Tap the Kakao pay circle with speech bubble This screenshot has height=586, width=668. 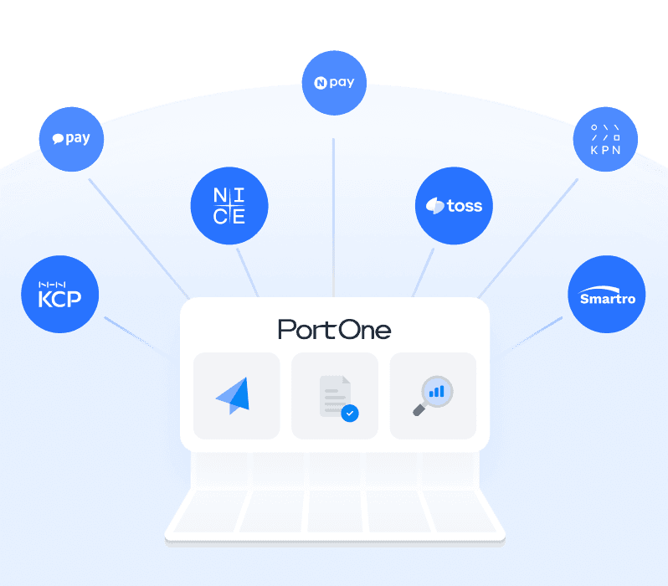pos(71,139)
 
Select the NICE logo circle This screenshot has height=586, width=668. pos(229,205)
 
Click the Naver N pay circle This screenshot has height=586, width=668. pos(334,83)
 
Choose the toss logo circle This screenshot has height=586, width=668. pos(454,205)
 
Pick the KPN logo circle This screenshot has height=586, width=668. pos(605,139)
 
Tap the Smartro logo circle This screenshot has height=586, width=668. pos(607,294)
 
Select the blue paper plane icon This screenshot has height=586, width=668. pos(234,395)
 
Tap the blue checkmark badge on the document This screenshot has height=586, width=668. pos(350,413)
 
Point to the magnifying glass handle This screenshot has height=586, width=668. pos(419,409)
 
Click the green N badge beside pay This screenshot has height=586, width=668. pos(319,83)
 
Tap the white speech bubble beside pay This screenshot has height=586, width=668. pos(58,140)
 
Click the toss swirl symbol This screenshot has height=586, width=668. pos(434,206)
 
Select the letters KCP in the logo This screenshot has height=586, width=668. pos(60,297)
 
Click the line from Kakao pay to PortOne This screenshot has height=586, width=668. pos(138,234)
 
